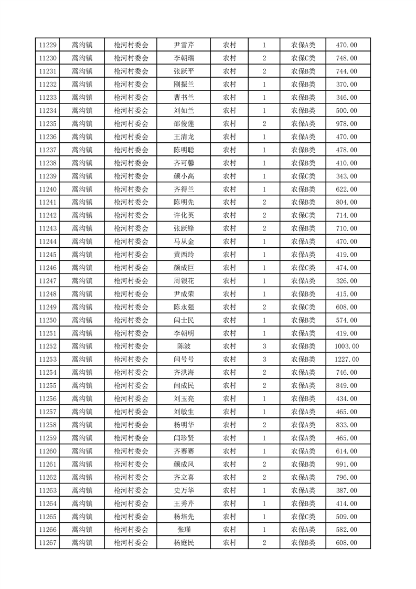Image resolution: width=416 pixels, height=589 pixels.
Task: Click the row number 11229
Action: coord(48,45)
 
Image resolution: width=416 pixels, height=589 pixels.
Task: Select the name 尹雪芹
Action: coord(184,45)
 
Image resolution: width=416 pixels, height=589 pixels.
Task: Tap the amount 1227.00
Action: coord(347,360)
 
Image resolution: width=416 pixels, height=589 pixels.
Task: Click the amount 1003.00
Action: coord(347,346)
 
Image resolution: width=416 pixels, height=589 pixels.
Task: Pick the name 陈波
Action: coord(184,346)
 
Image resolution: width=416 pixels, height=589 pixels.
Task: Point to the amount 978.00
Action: coord(347,124)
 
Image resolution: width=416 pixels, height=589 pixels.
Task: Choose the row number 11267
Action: coord(48,543)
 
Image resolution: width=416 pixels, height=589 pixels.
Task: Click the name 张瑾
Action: coord(184,530)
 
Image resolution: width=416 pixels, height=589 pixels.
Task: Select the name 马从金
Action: coord(184,241)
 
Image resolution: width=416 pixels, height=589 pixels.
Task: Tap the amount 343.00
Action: coord(347,176)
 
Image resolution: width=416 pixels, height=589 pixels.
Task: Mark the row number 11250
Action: coord(48,320)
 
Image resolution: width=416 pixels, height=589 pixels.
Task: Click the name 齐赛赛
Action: coord(184,451)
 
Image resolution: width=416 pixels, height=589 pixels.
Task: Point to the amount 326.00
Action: coord(347,281)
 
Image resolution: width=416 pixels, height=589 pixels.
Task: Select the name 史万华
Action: coord(184,490)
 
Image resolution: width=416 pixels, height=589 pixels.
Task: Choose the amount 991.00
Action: coord(347,464)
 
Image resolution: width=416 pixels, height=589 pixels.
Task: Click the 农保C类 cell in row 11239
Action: coord(303,176)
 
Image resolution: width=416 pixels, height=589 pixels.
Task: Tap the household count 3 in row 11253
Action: coord(264,360)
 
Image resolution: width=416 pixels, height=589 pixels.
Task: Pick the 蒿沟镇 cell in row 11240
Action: coord(82,190)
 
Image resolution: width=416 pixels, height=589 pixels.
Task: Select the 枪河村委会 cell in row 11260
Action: coord(131,451)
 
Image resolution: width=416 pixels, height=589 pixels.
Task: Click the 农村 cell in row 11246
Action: coord(229,268)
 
